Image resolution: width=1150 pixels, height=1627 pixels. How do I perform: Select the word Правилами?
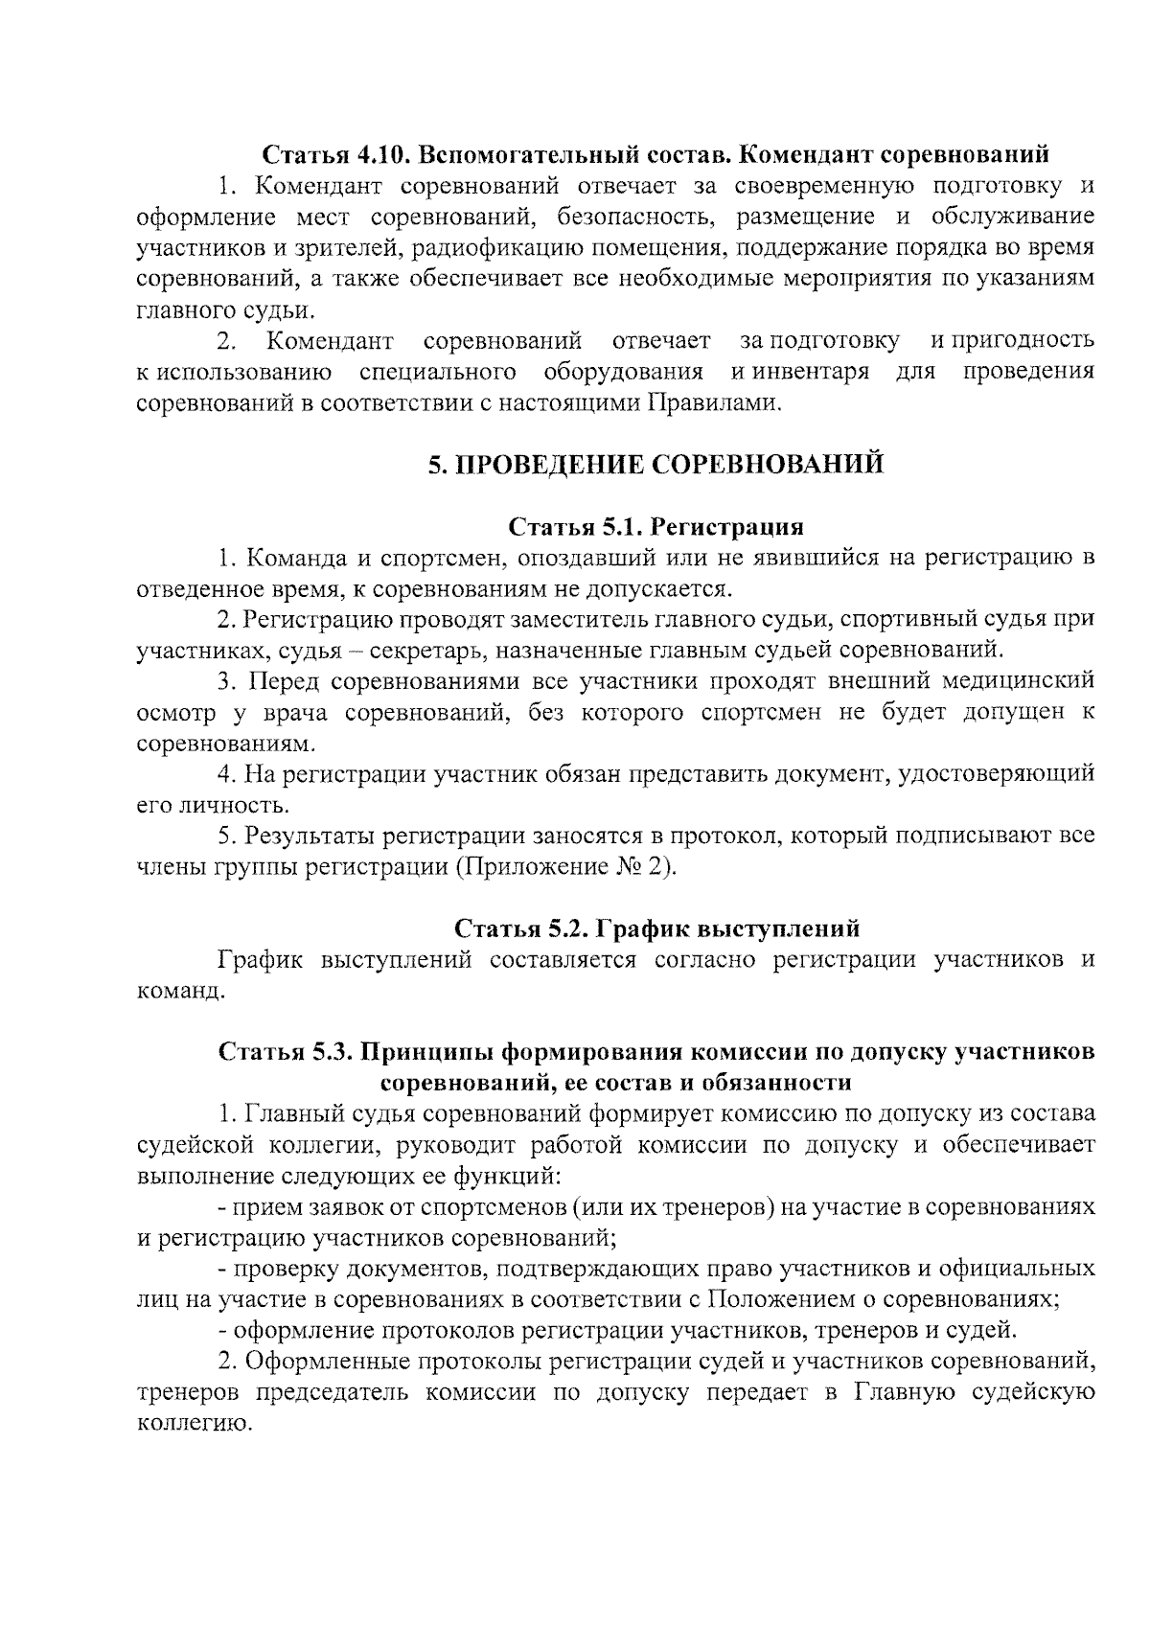tap(714, 403)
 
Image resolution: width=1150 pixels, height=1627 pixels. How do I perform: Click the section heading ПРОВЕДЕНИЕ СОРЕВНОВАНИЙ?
tap(655, 466)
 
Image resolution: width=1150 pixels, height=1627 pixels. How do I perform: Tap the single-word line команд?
tap(180, 992)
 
